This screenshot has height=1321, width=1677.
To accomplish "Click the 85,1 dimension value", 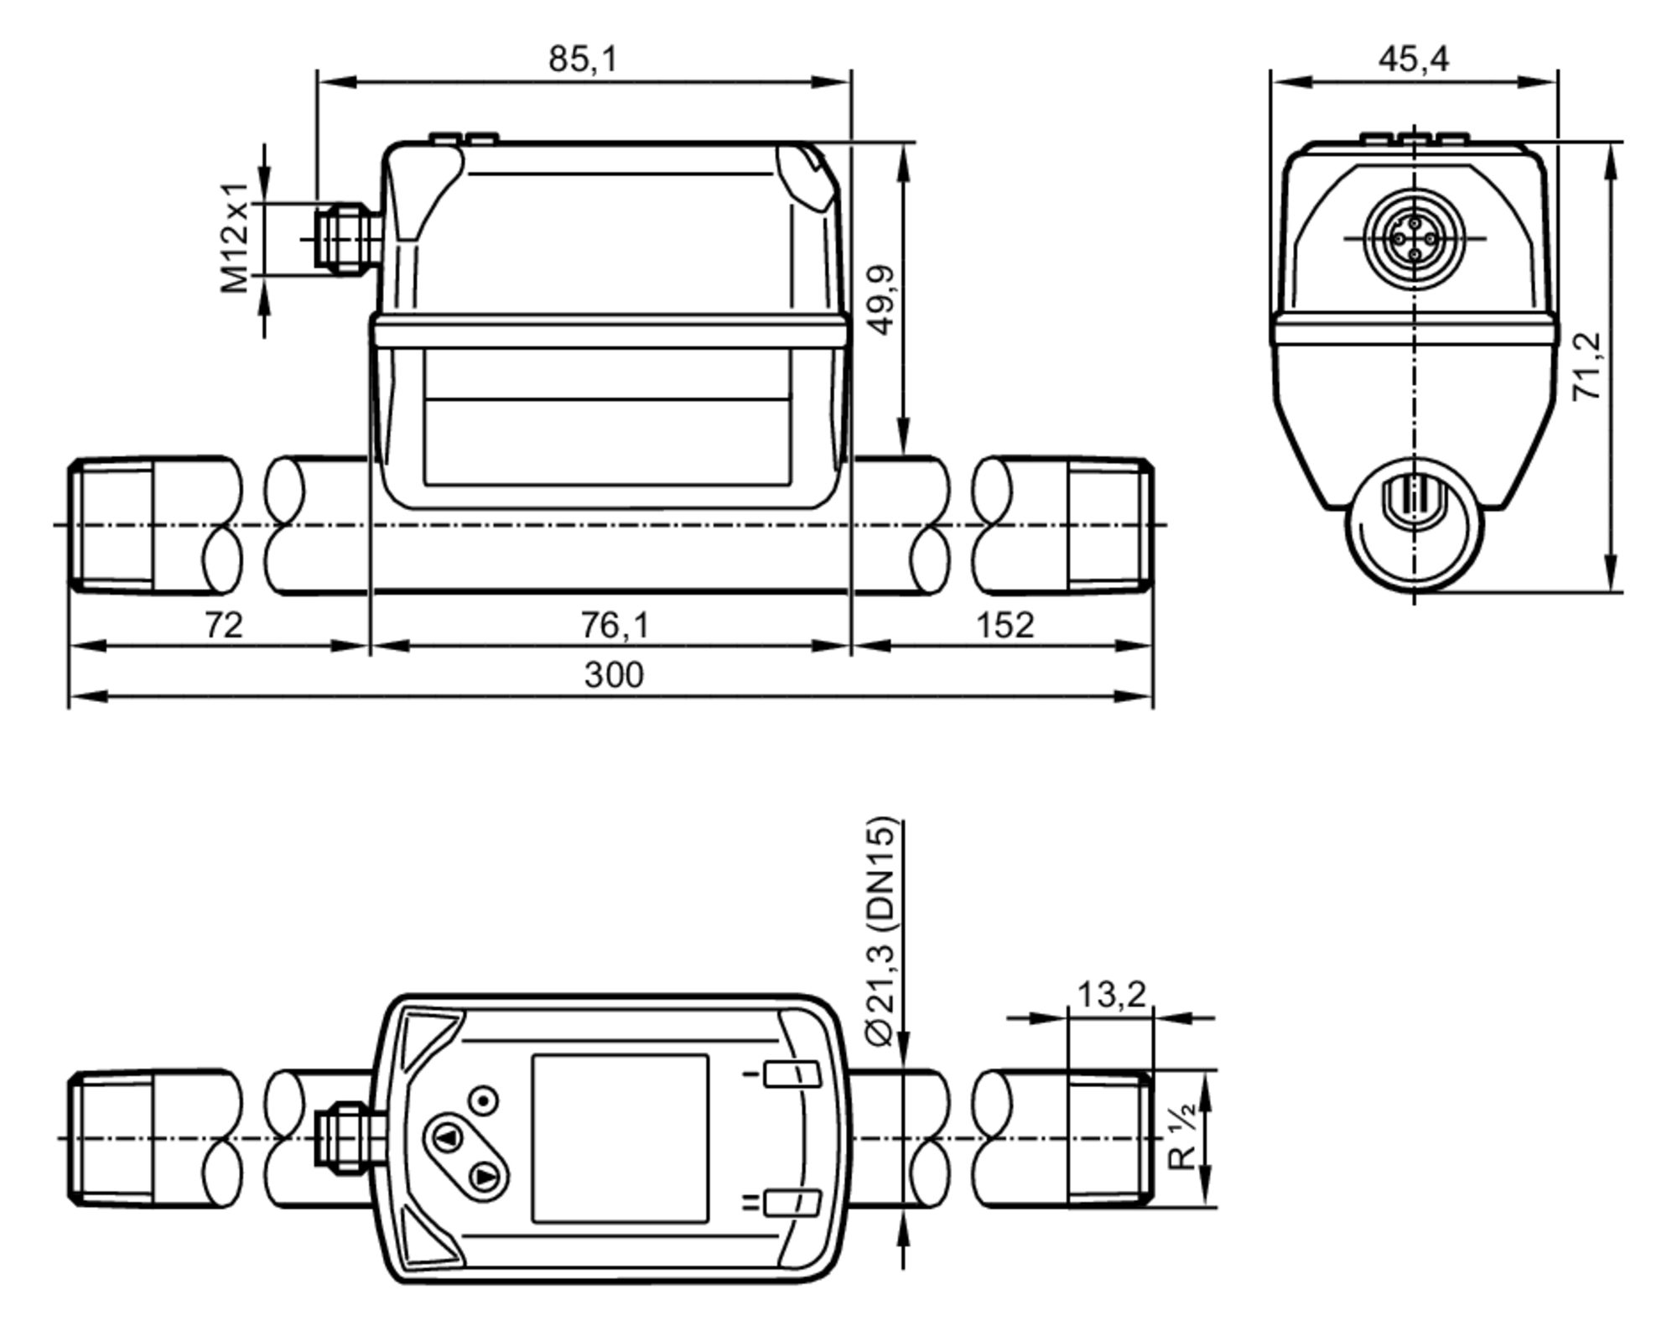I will click(x=583, y=60).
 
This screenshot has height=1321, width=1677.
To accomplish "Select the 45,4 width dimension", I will click(x=1413, y=60).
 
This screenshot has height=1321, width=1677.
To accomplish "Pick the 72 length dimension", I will click(x=223, y=626).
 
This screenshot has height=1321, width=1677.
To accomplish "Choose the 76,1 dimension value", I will click(x=615, y=626).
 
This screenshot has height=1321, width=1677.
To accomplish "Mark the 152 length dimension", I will click(x=1005, y=626).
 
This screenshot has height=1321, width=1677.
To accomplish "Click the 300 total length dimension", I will click(x=614, y=675).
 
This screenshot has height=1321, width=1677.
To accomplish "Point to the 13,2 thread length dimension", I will click(x=1110, y=996).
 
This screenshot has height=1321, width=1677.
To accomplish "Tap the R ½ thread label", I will click(x=1183, y=1139).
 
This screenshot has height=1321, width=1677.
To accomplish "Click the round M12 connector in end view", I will click(x=1414, y=239).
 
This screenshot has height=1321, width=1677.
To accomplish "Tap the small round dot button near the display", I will click(x=484, y=1100).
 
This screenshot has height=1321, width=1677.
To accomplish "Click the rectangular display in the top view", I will click(x=620, y=1139).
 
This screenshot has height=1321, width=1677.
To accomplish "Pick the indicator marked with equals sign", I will click(x=791, y=1203).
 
